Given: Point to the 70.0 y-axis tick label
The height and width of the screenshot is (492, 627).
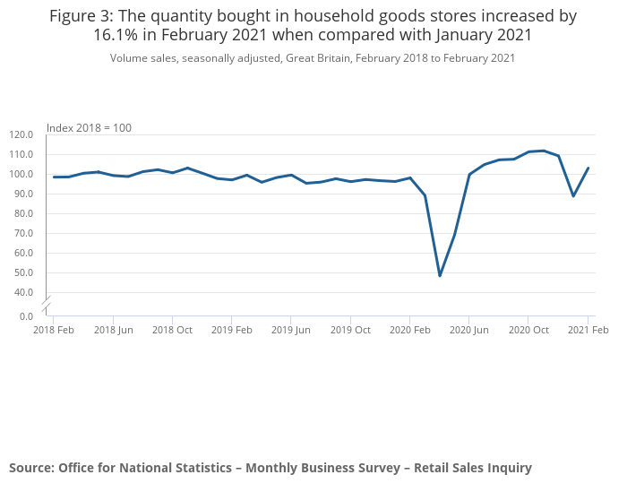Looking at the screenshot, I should click(21, 233).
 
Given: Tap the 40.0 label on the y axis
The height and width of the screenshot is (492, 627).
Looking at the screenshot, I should click(21, 292).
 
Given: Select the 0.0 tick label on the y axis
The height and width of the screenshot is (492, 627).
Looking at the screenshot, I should click(26, 316).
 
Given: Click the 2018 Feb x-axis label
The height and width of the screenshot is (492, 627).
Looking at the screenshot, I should click(54, 330).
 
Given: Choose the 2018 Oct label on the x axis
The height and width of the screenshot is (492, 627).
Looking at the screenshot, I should click(172, 330).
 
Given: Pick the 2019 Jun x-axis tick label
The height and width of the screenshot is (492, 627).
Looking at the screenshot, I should click(291, 330).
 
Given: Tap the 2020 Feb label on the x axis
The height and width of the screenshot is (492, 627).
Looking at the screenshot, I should click(409, 330).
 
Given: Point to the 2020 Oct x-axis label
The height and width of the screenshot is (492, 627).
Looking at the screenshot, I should click(528, 330).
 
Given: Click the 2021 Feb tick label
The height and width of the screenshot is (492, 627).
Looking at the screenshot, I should click(588, 330).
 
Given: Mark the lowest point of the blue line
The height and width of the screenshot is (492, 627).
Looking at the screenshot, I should click(440, 275).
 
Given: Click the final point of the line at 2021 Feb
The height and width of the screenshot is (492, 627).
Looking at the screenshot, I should click(588, 168).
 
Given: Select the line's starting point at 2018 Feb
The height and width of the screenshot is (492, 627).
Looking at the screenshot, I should click(54, 177).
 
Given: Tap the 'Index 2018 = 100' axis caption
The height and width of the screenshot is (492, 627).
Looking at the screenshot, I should click(89, 127).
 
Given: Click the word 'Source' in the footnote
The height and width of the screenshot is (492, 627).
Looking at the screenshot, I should click(30, 467).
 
